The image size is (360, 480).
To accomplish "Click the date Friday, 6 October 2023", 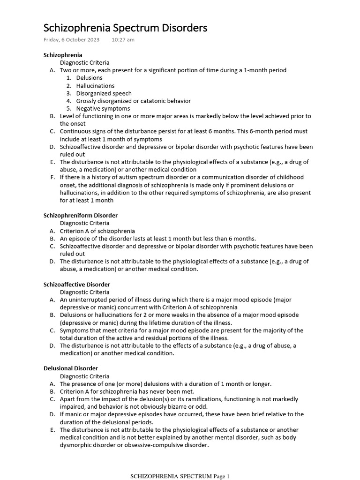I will coord(71,40).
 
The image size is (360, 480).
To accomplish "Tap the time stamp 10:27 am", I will coord(123,40).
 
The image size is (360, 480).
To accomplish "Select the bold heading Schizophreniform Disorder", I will coord(80,216).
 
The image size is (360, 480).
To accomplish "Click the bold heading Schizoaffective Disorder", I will coord(76,285).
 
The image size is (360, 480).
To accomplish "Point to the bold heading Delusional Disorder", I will coord(70,368).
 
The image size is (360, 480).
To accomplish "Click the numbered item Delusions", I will coord(89,78).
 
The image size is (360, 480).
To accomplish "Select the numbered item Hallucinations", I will coord(95,86).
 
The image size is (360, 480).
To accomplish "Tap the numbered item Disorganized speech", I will coord(104,93).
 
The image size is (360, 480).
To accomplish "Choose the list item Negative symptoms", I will coord(103,109).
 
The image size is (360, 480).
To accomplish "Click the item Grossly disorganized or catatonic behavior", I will coord(133,101).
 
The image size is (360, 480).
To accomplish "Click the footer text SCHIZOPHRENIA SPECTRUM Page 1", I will coord(180,477).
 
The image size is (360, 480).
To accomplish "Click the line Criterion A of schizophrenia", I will coord(97,231).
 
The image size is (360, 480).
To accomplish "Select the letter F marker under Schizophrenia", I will coord(52,177).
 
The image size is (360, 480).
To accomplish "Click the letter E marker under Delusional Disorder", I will coord(52,430).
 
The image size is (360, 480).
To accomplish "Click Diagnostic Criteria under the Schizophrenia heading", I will coord(84,62).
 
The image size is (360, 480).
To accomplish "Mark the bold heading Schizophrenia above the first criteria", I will coord(62,55).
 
